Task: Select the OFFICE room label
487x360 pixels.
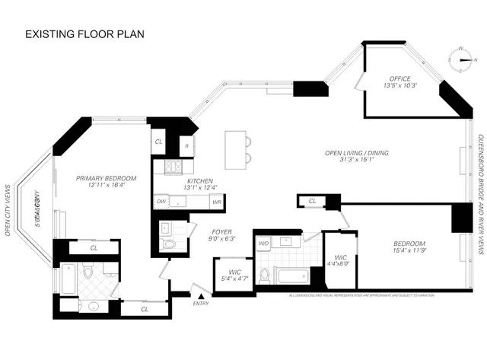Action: [x=399, y=78]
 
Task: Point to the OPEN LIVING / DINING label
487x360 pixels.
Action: [x=357, y=153]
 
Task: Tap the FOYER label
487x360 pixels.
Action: [x=221, y=231]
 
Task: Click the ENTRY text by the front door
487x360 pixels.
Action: [x=201, y=304]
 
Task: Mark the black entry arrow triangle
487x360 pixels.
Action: [x=201, y=296]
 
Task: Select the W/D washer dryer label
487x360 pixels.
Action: [x=263, y=244]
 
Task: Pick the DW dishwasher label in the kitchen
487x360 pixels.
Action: [x=161, y=202]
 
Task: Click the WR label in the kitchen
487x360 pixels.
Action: [x=216, y=202]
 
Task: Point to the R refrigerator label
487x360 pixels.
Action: [x=186, y=145]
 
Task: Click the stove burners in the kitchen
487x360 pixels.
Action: [x=172, y=168]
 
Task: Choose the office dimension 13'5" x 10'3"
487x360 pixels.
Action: [x=399, y=86]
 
